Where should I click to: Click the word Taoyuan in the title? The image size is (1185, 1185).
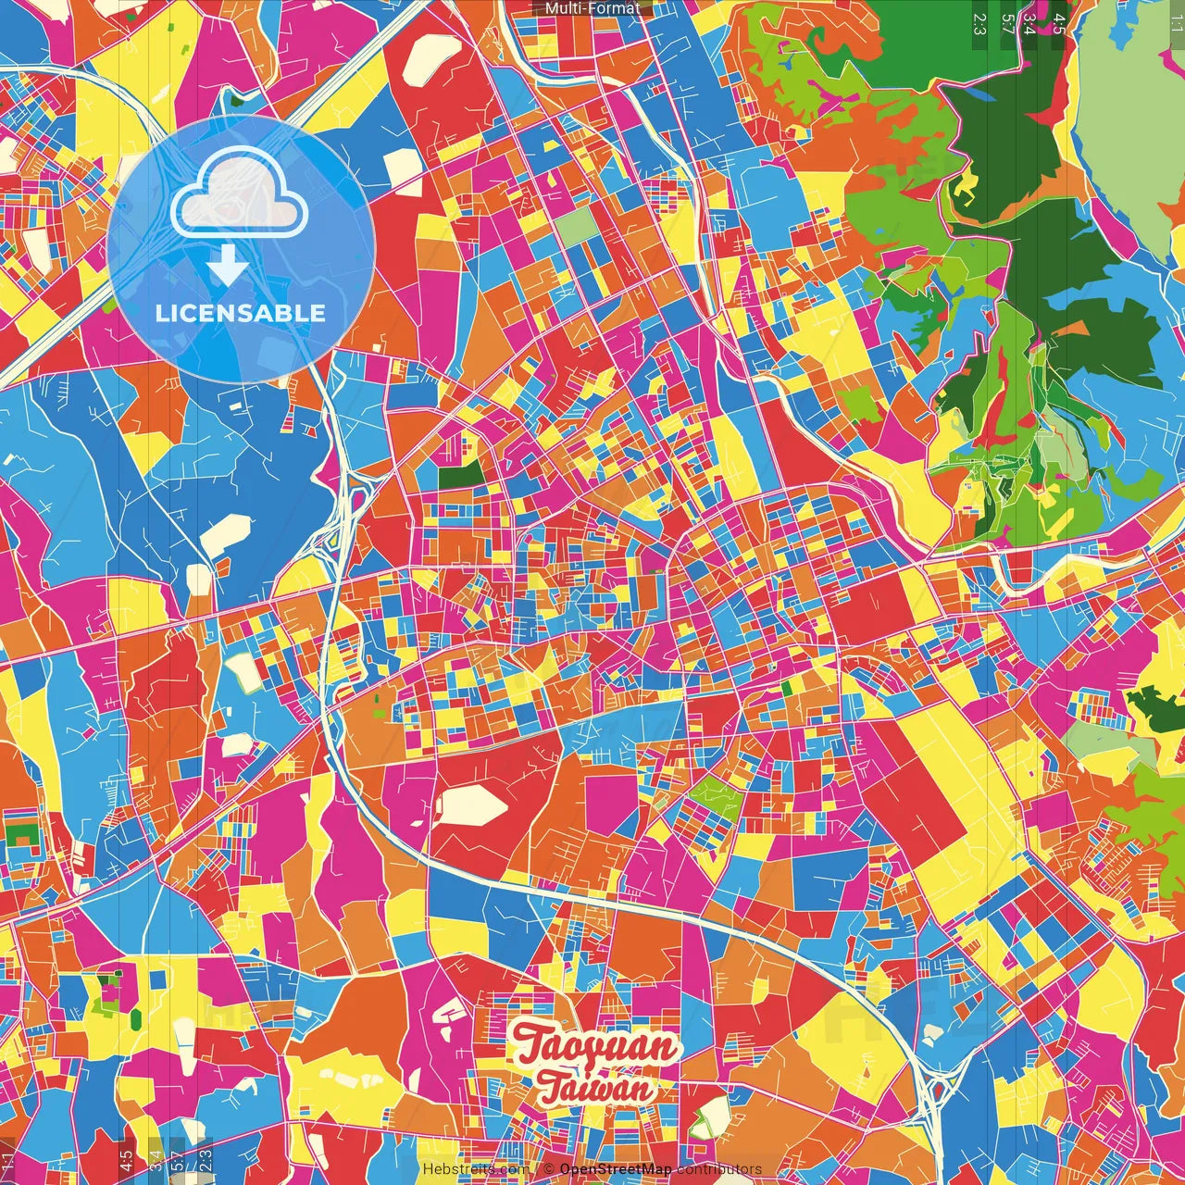pyautogui.click(x=596, y=1045)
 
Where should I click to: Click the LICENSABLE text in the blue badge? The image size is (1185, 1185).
pyautogui.click(x=241, y=313)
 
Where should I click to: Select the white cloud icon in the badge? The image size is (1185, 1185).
pyautogui.click(x=240, y=193)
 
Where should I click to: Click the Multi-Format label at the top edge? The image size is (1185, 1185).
pyautogui.click(x=592, y=8)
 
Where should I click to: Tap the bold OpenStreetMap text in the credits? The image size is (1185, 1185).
pyautogui.click(x=616, y=1169)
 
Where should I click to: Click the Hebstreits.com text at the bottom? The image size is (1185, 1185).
pyautogui.click(x=476, y=1169)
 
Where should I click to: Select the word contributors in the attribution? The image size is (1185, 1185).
pyautogui.click(x=719, y=1169)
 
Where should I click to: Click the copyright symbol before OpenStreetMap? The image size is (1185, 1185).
pyautogui.click(x=549, y=1169)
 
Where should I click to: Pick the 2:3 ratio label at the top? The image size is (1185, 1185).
pyautogui.click(x=979, y=23)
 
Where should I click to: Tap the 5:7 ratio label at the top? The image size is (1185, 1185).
pyautogui.click(x=1006, y=23)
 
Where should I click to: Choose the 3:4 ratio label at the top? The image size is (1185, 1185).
pyautogui.click(x=1029, y=23)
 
